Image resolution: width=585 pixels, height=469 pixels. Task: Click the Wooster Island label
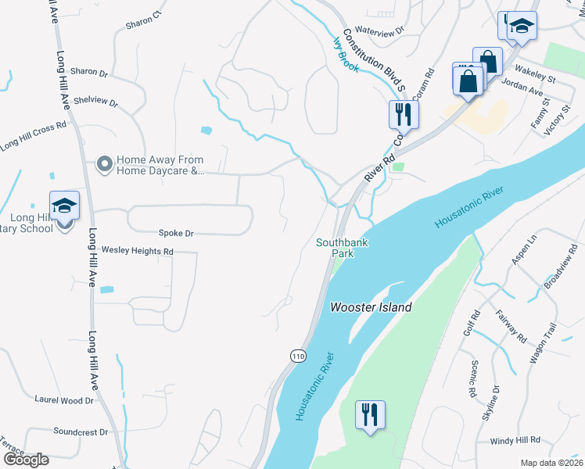pyautogui.click(x=370, y=307)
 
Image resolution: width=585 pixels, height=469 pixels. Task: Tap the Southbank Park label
pyautogui.click(x=342, y=248)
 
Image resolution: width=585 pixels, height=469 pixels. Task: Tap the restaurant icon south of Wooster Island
pyautogui.click(x=370, y=414)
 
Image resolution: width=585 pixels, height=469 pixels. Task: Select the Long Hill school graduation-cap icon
pyautogui.click(x=64, y=207)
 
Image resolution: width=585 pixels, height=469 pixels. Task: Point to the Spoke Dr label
pyautogui.click(x=176, y=233)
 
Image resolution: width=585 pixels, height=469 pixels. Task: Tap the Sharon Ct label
pyautogui.click(x=142, y=20)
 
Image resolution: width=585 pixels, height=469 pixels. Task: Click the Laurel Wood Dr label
pyautogui.click(x=64, y=399)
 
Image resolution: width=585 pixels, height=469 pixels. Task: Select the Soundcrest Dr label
pyautogui.click(x=81, y=431)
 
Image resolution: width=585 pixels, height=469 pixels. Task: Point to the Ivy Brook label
pyautogui.click(x=346, y=55)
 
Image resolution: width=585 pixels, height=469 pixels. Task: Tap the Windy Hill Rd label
pyautogui.click(x=515, y=441)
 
